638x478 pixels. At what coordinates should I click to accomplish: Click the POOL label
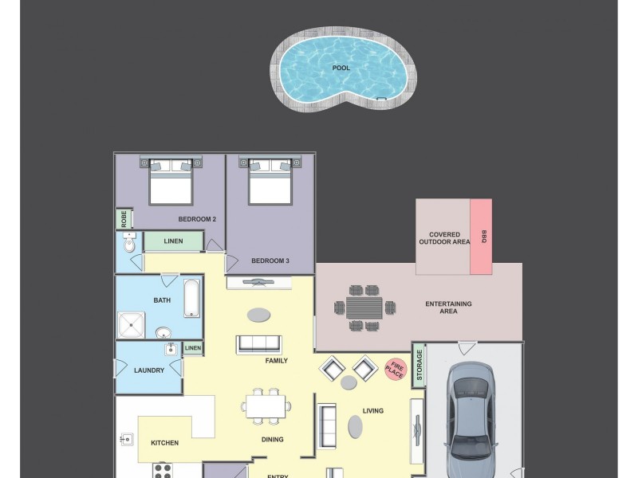point(341,68)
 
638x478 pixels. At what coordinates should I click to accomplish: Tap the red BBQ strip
point(481,237)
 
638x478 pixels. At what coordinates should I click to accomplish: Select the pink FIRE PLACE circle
point(396,369)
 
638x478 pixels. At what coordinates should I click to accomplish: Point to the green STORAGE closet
point(418,366)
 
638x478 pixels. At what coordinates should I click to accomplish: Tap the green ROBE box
point(124,218)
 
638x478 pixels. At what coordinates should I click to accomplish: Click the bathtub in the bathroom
point(193,299)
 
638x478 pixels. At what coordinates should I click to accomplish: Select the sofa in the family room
point(258,344)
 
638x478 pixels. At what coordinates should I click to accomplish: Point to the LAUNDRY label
point(149,370)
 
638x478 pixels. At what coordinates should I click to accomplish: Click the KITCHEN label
point(165,443)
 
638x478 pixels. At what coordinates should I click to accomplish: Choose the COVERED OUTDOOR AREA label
point(444,237)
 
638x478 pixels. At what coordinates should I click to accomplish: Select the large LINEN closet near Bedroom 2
point(173,241)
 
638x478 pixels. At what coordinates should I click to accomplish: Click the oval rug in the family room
point(258,315)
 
